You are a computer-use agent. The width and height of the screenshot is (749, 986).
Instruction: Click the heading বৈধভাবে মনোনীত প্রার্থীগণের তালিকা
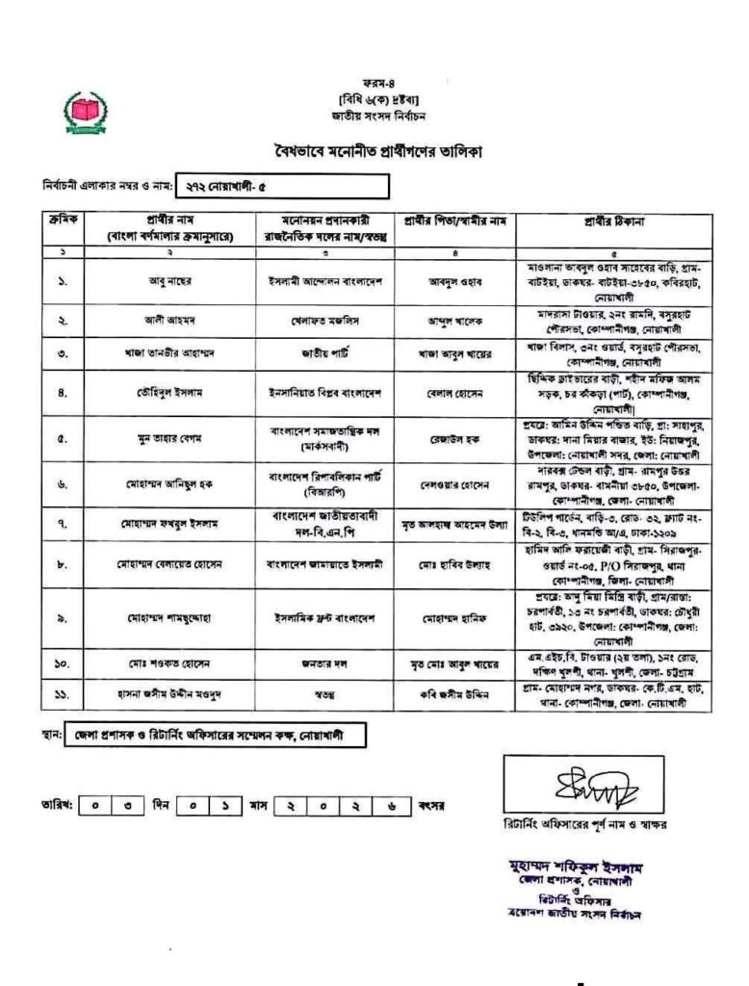click(374, 151)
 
